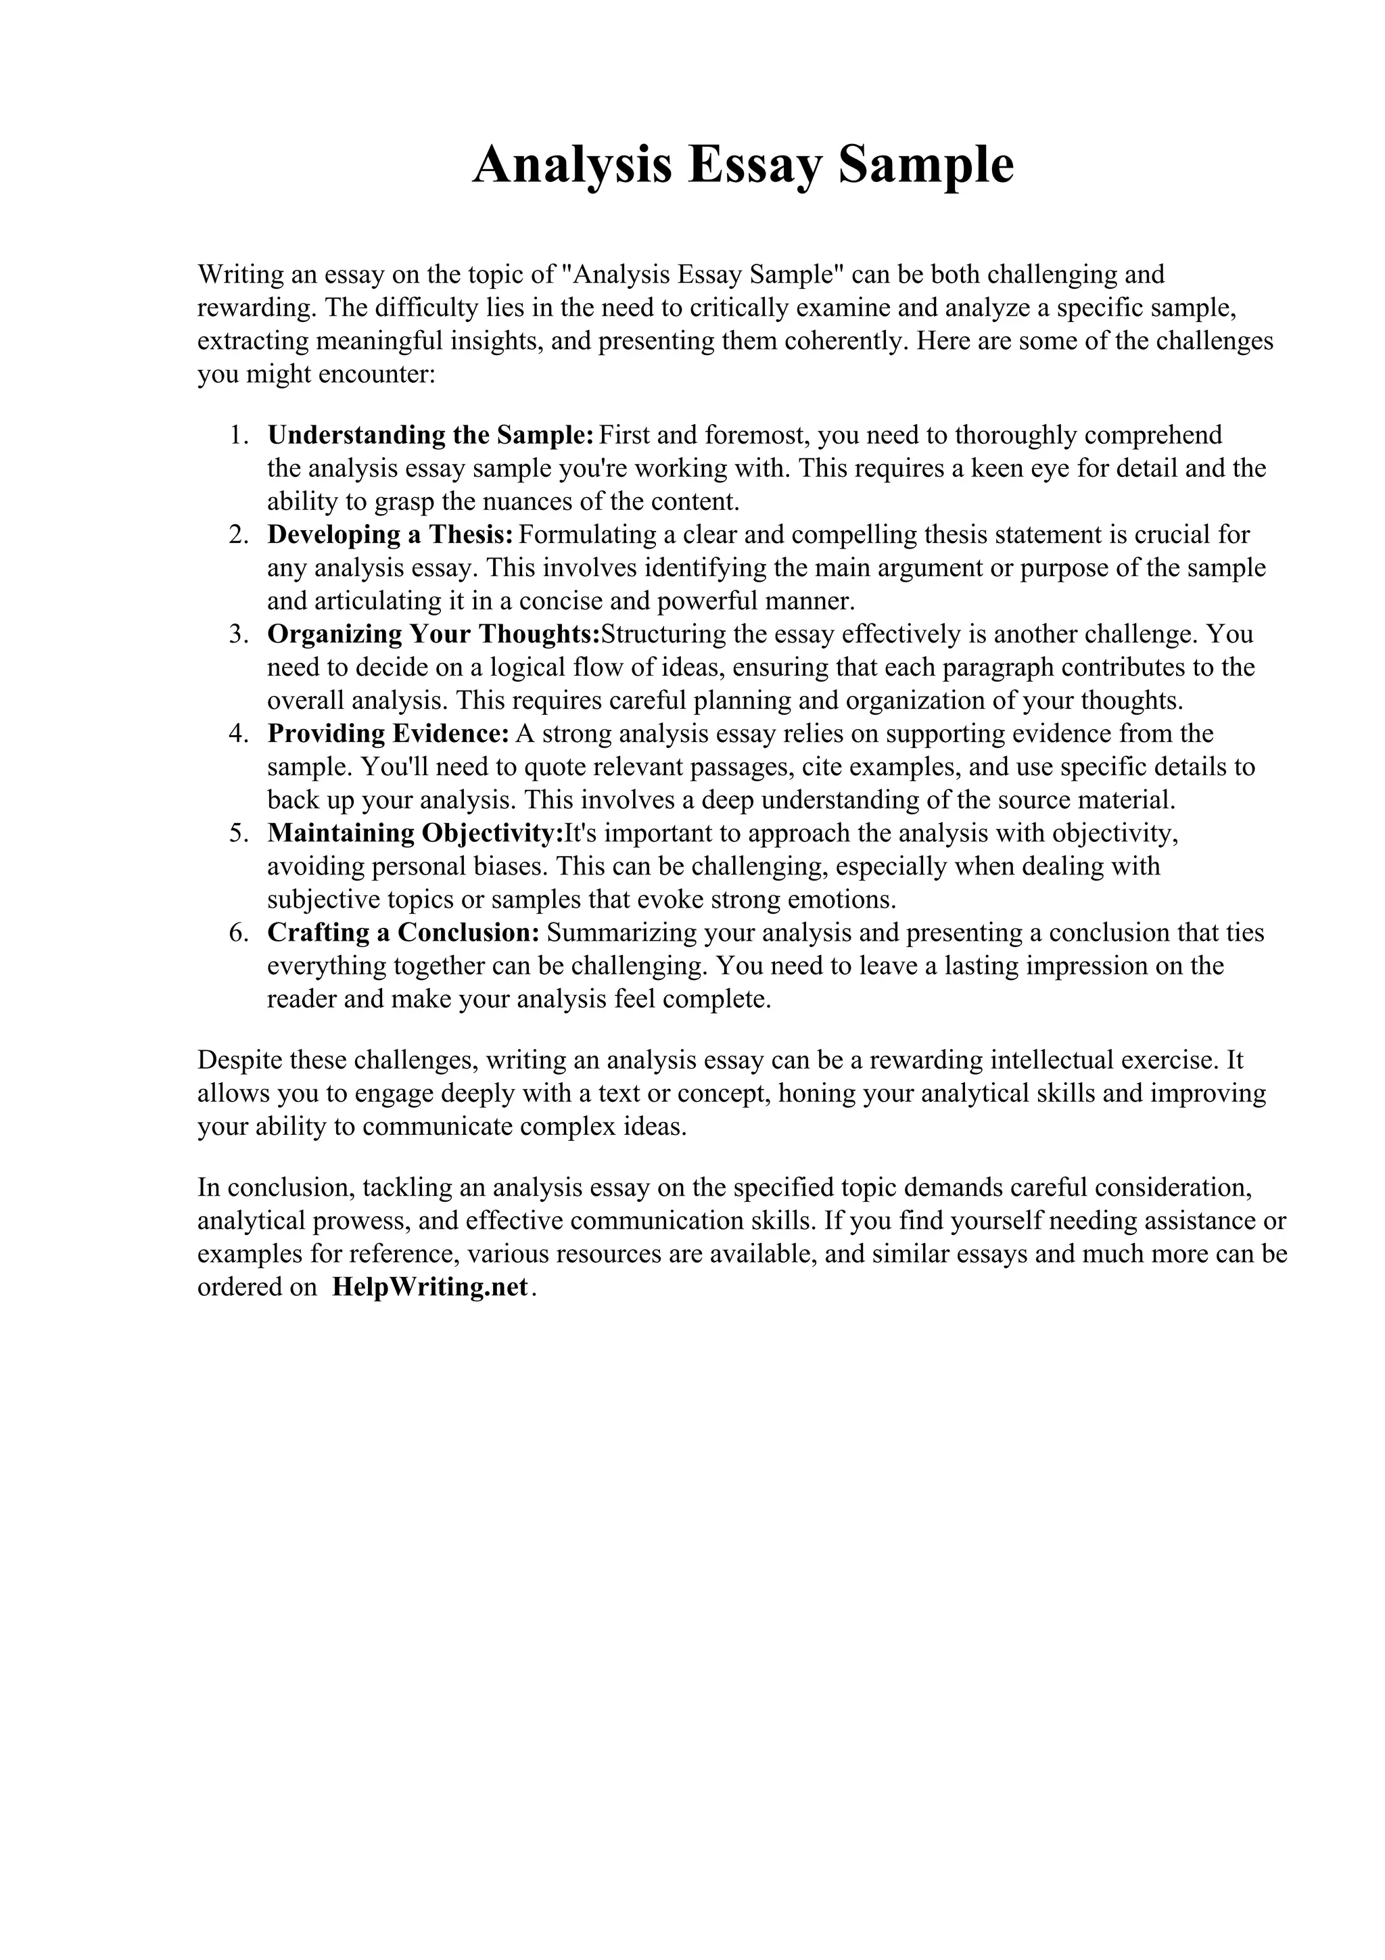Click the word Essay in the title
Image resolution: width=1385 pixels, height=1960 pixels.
pos(753,166)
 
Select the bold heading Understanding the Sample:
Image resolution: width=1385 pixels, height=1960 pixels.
pos(430,436)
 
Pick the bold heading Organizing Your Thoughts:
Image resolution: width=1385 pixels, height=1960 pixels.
pos(433,634)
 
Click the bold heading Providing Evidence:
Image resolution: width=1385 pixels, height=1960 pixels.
pos(388,734)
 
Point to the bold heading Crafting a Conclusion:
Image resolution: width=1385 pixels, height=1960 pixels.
pos(403,933)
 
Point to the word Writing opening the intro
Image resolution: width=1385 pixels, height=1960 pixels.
pos(240,275)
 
